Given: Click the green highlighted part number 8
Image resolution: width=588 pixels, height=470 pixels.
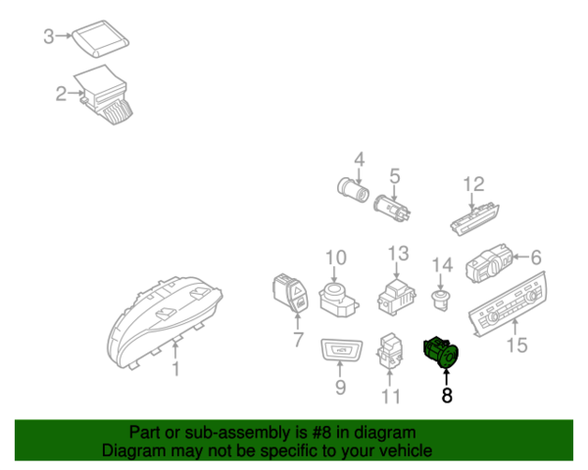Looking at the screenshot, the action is pos(441,352).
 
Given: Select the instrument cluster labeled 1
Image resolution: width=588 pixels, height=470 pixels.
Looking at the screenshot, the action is pos(165,322).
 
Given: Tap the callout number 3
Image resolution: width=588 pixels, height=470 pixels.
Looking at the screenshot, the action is pos(49,36).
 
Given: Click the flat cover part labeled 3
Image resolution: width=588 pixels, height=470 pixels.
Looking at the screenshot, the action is pos(101,38).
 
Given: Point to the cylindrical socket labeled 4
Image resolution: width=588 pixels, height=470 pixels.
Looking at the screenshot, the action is pos(353,190).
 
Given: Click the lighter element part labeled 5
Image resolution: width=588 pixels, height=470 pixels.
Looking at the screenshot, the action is pos(392,209).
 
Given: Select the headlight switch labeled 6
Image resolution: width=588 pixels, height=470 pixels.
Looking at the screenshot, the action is pos(489,263).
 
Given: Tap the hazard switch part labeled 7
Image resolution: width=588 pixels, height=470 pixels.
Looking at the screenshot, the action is pos(291,293).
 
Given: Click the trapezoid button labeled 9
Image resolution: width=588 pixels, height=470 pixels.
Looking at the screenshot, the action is pos(342,351).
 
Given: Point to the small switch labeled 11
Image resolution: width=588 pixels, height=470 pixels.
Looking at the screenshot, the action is pos(390,351).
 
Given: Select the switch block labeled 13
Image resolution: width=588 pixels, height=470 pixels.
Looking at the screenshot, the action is pos(397,298).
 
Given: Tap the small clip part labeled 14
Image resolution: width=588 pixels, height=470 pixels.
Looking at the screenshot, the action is pos(440,300).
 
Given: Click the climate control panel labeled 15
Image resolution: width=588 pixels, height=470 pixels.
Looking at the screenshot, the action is pos(508,305).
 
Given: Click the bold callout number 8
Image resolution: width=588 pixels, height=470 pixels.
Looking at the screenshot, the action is pos(447,395).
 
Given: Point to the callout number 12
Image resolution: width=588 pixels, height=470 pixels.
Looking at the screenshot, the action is pos(473,184).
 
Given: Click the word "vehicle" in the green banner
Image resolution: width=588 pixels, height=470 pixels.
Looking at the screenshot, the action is pos(407,450).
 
